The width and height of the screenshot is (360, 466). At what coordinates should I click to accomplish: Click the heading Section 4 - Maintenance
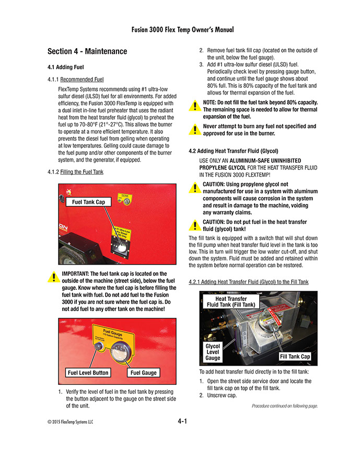[87, 51]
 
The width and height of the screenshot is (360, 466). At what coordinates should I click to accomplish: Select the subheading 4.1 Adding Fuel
[66, 67]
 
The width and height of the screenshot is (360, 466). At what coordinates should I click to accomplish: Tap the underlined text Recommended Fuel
[82, 79]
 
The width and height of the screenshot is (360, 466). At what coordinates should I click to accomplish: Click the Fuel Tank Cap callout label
[88, 202]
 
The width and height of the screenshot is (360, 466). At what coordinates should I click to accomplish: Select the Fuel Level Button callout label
[88, 372]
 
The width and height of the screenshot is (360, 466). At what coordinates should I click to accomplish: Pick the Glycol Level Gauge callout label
[213, 352]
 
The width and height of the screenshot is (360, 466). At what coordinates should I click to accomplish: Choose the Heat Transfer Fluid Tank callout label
[231, 302]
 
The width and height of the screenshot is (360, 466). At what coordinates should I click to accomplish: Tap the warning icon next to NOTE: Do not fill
[194, 106]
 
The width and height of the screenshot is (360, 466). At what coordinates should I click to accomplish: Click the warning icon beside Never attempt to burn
[194, 129]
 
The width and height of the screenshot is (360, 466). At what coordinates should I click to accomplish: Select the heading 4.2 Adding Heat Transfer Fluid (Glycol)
[233, 151]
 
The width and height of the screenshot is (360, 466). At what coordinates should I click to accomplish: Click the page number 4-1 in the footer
[182, 420]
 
